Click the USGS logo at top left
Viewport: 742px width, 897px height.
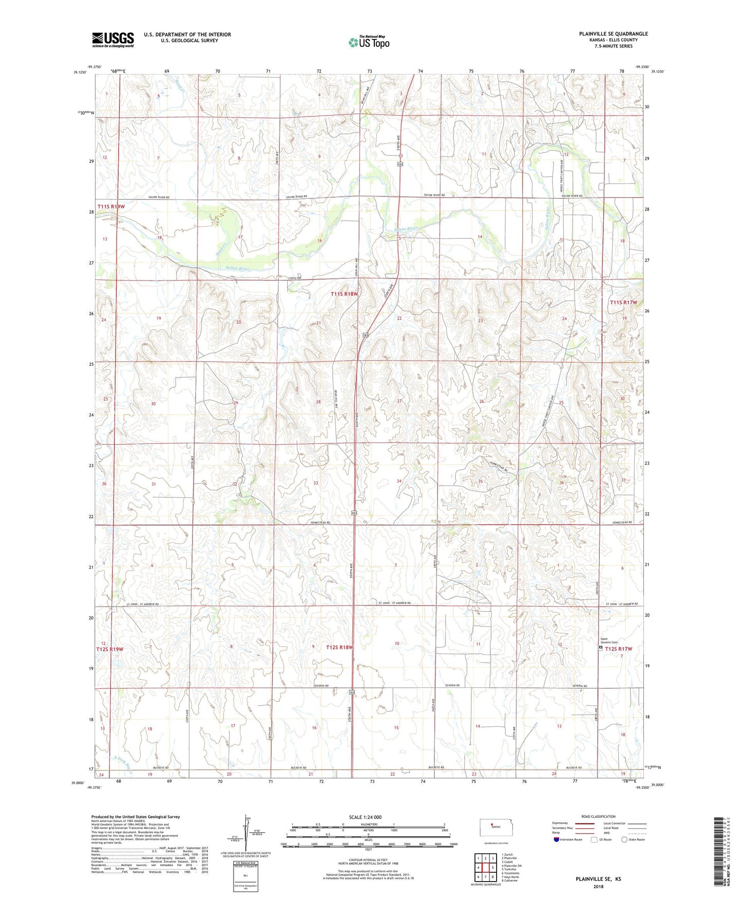point(113,39)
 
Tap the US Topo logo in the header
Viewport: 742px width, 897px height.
point(369,42)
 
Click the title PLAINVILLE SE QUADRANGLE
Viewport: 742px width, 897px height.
point(613,34)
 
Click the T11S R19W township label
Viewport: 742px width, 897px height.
point(111,207)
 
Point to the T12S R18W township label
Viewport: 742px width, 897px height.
point(340,647)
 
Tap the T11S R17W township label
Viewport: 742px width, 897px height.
point(623,303)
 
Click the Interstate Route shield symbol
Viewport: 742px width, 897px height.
point(556,839)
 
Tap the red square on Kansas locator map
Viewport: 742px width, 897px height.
point(491,827)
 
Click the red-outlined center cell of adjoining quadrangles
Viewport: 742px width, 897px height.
point(485,868)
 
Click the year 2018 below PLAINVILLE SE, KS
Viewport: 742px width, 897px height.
point(598,886)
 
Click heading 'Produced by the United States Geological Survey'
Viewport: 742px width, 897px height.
point(136,816)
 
